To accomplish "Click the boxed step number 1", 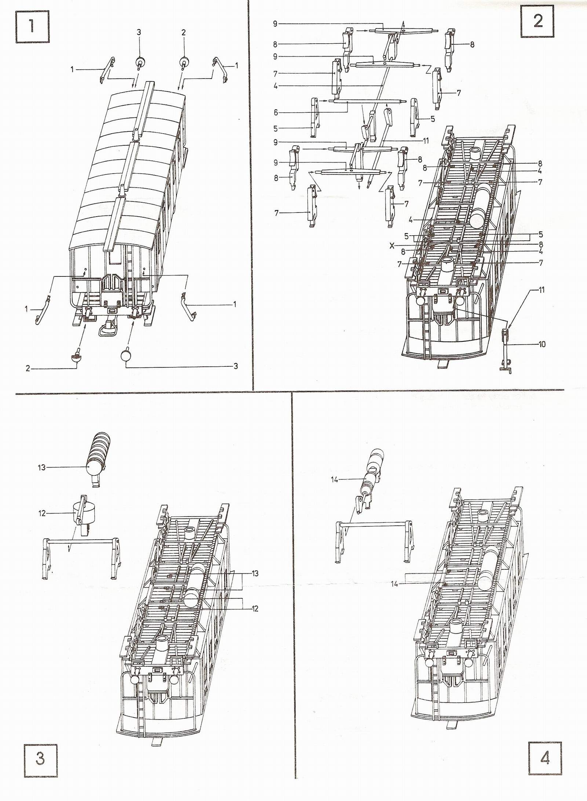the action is click(x=32, y=26).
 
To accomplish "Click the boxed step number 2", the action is click(x=537, y=21).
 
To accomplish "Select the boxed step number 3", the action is click(x=41, y=765).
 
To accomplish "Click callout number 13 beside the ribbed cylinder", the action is click(x=41, y=467).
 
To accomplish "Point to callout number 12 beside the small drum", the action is click(x=42, y=513).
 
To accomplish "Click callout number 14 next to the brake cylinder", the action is click(x=334, y=479).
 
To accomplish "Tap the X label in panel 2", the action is click(x=392, y=246).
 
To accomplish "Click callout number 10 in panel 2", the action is click(x=542, y=344).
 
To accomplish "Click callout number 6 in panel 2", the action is click(x=276, y=112).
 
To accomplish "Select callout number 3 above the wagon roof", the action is click(x=139, y=32).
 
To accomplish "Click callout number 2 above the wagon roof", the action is click(x=183, y=32).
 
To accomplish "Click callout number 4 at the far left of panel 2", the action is click(x=276, y=86).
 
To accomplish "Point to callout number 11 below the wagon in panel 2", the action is click(x=542, y=290).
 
